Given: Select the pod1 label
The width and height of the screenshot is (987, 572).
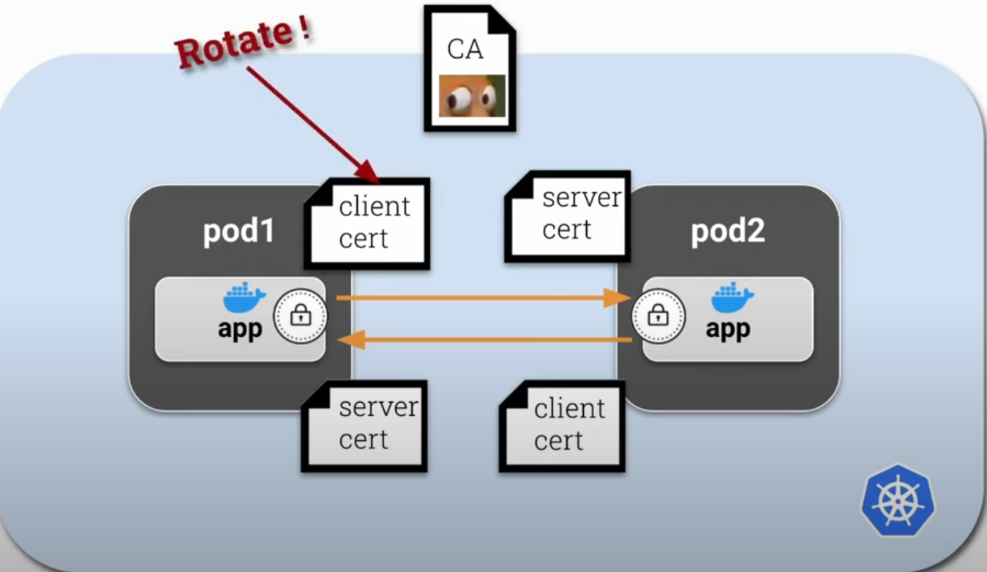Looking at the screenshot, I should click(x=239, y=231).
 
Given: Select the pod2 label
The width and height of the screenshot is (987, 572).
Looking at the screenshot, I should click(x=727, y=231).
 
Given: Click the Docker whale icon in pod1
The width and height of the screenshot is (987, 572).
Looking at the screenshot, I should click(x=244, y=299).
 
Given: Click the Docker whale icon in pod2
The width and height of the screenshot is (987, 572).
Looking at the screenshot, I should click(x=732, y=298).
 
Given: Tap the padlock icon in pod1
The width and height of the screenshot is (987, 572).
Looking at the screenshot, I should click(x=300, y=317).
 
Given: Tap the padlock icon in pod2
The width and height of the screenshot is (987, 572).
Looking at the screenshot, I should click(x=658, y=317).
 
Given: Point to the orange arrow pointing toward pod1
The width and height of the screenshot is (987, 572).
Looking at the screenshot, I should click(x=483, y=339).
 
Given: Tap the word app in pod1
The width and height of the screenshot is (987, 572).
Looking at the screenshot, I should click(x=240, y=330).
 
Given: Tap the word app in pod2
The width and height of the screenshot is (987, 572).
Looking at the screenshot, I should click(x=728, y=330).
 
